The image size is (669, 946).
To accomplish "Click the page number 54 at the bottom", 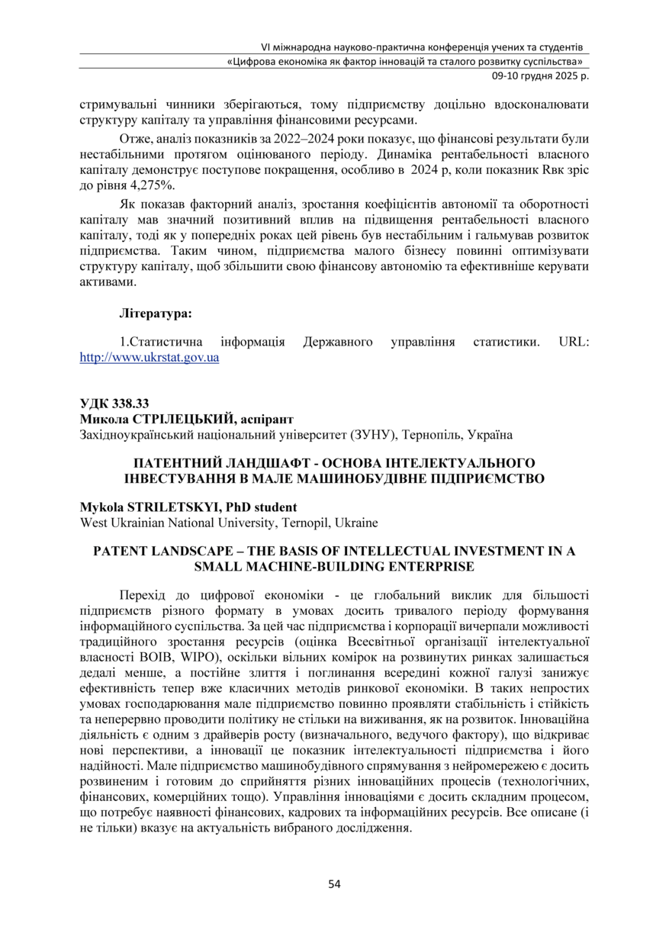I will [334, 884].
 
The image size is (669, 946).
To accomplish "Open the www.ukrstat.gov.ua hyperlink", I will [150, 356].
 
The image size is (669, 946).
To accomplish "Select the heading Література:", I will [156, 313].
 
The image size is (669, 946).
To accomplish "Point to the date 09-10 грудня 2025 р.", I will [539, 76].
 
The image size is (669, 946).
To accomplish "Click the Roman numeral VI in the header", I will [266, 46].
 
